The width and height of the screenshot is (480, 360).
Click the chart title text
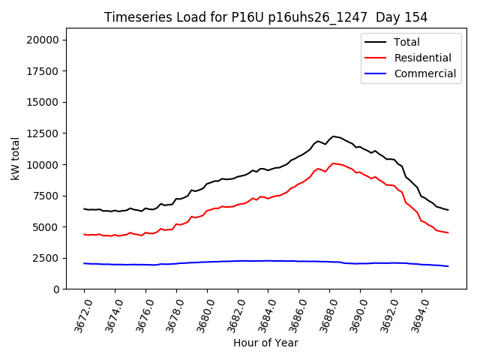pyautogui.click(x=265, y=17)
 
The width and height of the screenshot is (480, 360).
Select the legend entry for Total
pyautogui.click(x=406, y=42)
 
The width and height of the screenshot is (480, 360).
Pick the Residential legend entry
pyautogui.click(x=422, y=58)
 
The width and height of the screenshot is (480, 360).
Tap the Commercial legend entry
pyautogui.click(x=424, y=73)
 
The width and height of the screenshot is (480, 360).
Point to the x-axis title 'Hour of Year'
pyautogui.click(x=265, y=343)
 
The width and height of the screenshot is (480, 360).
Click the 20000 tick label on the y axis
pyautogui.click(x=50, y=40)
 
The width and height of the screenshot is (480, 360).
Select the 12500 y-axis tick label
pyautogui.click(x=50, y=133)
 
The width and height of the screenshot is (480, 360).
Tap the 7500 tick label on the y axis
pyautogui.click(x=53, y=196)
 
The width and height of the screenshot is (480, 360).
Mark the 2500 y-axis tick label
pyautogui.click(x=53, y=258)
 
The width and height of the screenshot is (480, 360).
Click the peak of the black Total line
pyautogui.click(x=334, y=136)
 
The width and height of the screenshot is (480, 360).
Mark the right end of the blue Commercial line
pyautogui.click(x=448, y=266)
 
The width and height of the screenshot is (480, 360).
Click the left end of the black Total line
pyautogui.click(x=84, y=208)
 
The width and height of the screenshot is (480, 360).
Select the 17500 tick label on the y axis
pyautogui.click(x=50, y=71)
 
